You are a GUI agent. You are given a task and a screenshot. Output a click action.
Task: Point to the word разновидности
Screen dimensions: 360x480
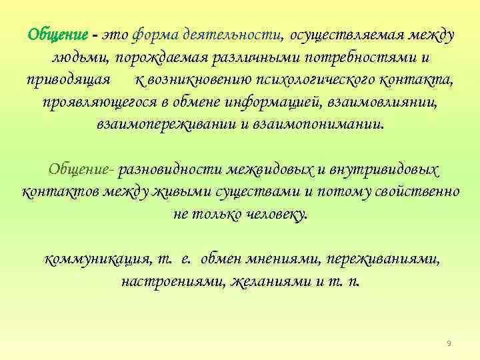(x=173, y=171)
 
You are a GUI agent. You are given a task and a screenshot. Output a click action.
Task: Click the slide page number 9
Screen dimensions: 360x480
(x=449, y=343)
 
